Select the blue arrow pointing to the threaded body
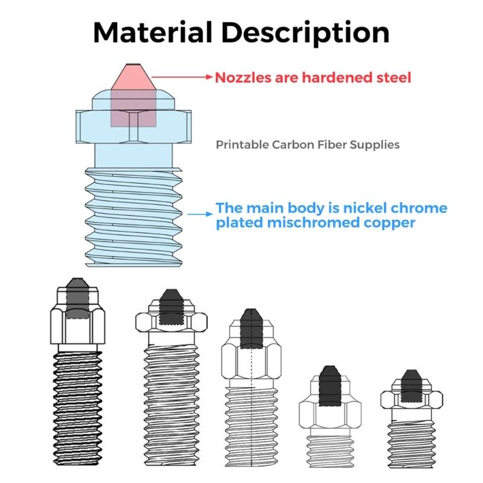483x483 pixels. (200, 213)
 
